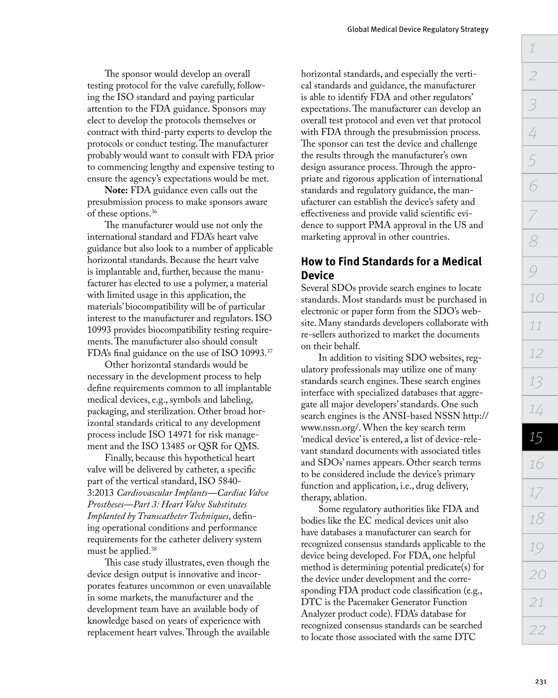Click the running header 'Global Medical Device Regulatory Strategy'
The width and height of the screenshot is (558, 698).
[417, 29]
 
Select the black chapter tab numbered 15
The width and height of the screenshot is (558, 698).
[539, 437]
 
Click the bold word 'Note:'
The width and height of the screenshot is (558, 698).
[116, 190]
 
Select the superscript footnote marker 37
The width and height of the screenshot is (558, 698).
[269, 351]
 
